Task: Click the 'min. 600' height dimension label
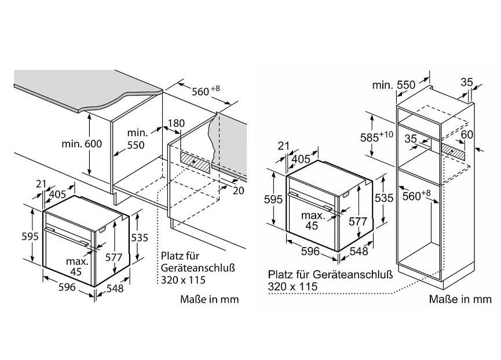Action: pos(82,144)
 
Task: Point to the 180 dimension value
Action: pos(176,123)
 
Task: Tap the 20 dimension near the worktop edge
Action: pos(239,191)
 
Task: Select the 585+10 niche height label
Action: pos(376,136)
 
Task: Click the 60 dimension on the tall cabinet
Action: pos(467,134)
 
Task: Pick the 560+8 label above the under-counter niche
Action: pos(206,91)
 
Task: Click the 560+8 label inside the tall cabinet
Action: pos(416,195)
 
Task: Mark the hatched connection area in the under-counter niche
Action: pos(195,162)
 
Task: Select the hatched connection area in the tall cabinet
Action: pos(453,151)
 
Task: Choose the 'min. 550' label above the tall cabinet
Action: pos(394,85)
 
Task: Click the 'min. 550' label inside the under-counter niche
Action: pos(136,139)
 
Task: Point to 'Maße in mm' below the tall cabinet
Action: pos(460,299)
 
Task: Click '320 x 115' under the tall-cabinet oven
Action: pos(292,286)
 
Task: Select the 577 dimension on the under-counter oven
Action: pos(114,257)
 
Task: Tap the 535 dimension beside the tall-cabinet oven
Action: pos(384,198)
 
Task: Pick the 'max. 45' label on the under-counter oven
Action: pos(76,266)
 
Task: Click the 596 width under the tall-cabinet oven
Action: pos(310,251)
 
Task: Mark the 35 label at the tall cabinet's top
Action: pos(466,82)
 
